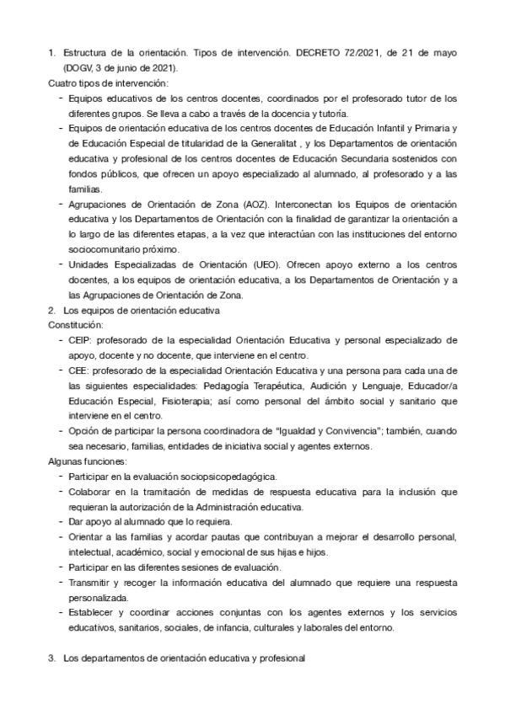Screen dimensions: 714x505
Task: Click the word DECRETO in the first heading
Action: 319,52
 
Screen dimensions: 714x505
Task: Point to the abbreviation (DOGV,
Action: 78,67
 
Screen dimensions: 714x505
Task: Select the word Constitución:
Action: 75,325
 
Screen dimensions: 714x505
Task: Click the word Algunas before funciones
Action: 66,461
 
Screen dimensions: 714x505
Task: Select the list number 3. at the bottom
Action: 51,658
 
